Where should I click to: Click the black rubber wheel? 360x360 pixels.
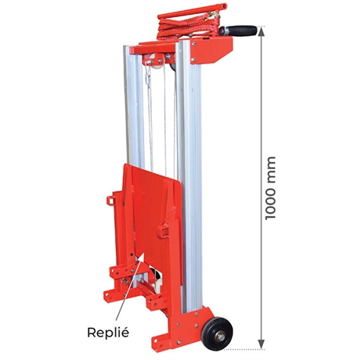218,334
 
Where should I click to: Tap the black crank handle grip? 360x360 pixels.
240,31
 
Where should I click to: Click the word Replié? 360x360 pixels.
108,333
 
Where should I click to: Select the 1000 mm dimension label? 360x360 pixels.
270,188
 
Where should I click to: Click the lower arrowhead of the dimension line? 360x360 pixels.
261,344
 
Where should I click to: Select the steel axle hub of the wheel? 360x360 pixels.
220,337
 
